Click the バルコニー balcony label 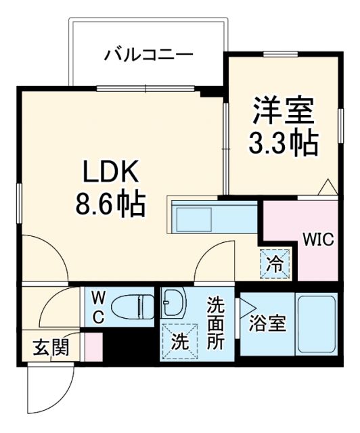(149, 54)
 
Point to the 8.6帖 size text (110, 204)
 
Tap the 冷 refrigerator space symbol (275, 263)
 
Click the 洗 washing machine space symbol (179, 341)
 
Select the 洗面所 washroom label (215, 323)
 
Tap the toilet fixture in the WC (132, 306)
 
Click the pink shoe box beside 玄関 (93, 346)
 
